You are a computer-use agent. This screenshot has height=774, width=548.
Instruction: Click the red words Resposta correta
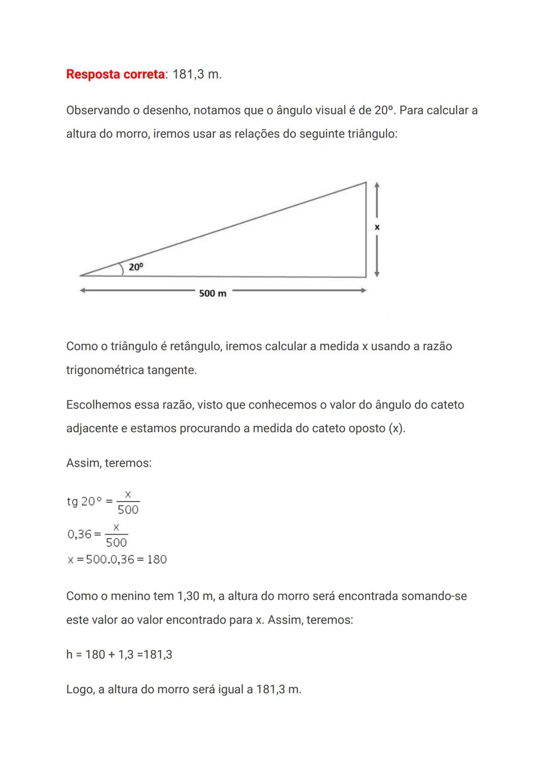(x=115, y=75)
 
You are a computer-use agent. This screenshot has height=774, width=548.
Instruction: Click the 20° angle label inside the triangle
(x=136, y=267)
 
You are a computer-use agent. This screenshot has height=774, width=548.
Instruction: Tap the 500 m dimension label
(x=213, y=293)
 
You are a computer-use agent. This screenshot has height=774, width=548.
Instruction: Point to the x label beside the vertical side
(x=377, y=227)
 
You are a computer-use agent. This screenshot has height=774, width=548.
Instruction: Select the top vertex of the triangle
(x=366, y=182)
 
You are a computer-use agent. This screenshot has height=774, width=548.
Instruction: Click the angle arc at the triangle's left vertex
(x=122, y=269)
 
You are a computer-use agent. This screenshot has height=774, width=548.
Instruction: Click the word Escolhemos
(x=98, y=405)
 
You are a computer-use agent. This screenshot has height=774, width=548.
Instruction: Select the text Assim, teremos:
(x=109, y=463)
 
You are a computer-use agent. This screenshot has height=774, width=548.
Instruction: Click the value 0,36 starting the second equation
(x=80, y=534)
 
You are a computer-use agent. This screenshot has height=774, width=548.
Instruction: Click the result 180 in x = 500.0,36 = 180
(x=157, y=559)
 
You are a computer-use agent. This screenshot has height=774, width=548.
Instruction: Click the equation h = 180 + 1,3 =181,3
(x=119, y=655)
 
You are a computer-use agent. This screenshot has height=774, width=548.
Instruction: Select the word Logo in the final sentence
(x=79, y=690)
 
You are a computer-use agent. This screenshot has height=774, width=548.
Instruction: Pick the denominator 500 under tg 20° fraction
(x=128, y=510)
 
